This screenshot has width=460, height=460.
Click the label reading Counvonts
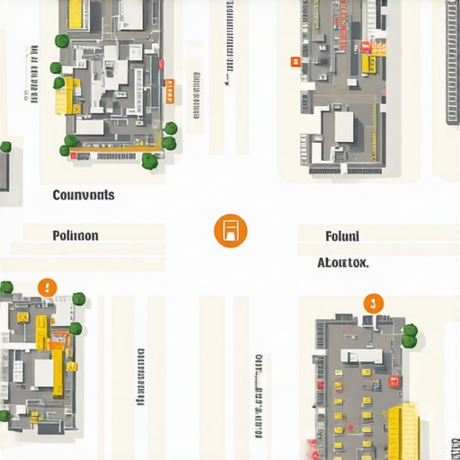tap(84, 195)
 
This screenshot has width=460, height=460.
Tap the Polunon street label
tap(75, 235)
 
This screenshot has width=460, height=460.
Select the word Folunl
tap(341, 236)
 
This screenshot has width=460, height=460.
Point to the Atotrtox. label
tap(342, 263)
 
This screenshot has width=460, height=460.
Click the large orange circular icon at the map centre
tap(230, 231)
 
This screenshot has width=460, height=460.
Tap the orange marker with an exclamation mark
tap(48, 287)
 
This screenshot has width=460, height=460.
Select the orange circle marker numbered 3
tap(373, 303)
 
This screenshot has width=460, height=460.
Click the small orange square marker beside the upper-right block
tap(294, 61)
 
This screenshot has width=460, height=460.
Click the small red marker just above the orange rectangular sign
tap(161, 64)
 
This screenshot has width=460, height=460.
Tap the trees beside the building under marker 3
tap(410, 336)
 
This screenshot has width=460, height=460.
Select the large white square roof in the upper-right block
tap(343, 127)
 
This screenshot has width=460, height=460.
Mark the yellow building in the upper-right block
tap(370, 64)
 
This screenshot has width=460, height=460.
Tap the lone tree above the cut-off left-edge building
tap(5, 146)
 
